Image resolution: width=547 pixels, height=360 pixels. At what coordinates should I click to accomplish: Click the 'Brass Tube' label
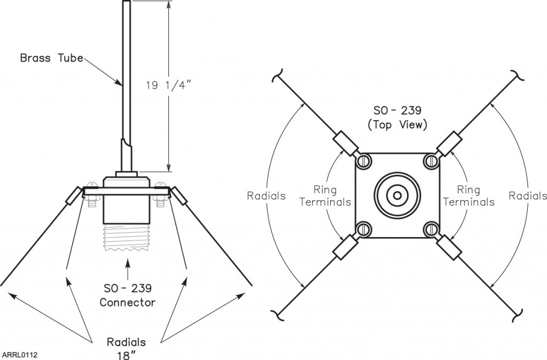[x=51, y=58]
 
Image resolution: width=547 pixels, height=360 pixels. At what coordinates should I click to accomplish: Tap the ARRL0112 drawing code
[x=19, y=354]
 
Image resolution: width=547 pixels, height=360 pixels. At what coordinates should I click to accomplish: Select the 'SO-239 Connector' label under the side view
[x=128, y=295]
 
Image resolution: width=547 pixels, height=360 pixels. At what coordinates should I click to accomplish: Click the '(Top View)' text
[x=397, y=126]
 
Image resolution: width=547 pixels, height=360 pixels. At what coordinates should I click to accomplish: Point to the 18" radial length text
[x=127, y=354]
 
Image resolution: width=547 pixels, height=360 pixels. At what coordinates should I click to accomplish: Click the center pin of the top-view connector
[x=397, y=195]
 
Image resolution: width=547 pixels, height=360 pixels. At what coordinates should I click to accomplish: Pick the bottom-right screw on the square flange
[x=430, y=229]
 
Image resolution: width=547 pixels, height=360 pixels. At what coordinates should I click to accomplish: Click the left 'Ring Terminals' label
[x=325, y=196]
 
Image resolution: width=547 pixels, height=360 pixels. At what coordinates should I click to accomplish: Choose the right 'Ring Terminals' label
[x=468, y=196]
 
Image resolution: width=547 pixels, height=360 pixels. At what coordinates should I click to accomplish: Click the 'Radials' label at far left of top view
[x=266, y=196]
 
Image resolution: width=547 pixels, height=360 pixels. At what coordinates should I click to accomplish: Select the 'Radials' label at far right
[x=527, y=196]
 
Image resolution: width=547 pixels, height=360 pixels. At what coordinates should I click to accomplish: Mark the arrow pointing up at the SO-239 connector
[x=127, y=267]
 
